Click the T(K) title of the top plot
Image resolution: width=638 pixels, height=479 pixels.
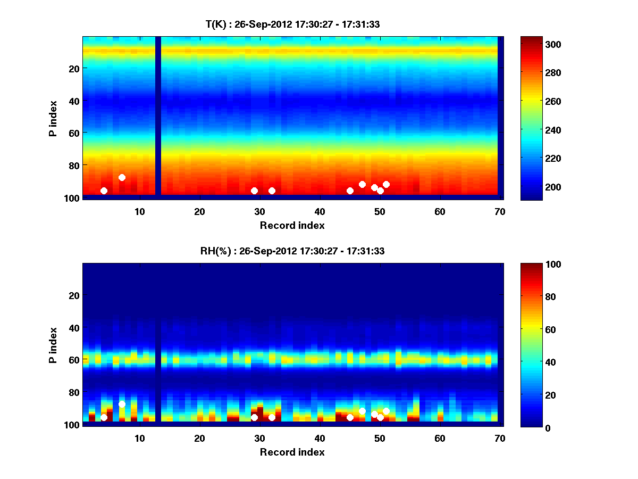click(x=292, y=24)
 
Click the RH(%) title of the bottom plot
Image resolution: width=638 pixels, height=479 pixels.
click(x=292, y=251)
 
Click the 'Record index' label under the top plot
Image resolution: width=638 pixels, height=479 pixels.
click(x=292, y=225)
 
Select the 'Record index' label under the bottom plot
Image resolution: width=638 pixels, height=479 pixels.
click(x=292, y=452)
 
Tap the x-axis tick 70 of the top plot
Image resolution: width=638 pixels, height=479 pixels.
click(x=499, y=211)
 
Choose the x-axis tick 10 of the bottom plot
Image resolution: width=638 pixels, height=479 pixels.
click(x=139, y=438)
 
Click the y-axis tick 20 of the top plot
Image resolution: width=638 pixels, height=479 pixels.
click(x=73, y=68)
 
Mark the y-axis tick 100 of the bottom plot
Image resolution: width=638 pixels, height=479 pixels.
click(x=71, y=425)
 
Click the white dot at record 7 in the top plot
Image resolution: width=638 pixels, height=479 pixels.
click(x=122, y=177)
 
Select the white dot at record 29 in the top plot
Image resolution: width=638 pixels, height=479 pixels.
click(x=254, y=191)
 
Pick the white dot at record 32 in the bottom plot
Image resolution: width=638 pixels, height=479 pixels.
click(x=272, y=417)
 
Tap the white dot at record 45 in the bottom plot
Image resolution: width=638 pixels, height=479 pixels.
click(x=350, y=417)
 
